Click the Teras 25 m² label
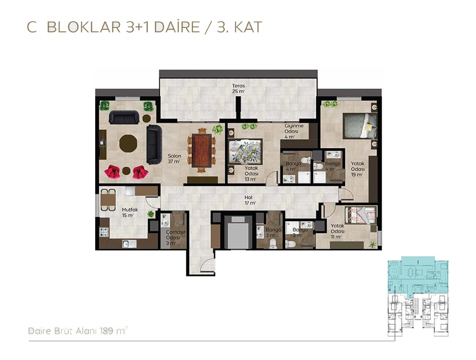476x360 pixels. pos(238,88)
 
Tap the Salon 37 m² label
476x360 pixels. pos(174,158)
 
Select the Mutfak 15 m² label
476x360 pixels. pos(130,212)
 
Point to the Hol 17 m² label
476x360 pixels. pos(250,200)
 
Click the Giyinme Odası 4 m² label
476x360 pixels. pos(293,131)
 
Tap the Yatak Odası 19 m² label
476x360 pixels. pos(357,169)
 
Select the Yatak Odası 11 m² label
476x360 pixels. pos(337,231)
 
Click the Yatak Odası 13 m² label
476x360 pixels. pos(251,174)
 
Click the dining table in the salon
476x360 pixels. pos(202,150)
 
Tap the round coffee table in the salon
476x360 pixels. pos(128,143)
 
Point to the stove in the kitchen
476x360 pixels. pos(104,232)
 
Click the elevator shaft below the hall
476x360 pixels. pos(238,232)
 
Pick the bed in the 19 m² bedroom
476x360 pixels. pos(360,126)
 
